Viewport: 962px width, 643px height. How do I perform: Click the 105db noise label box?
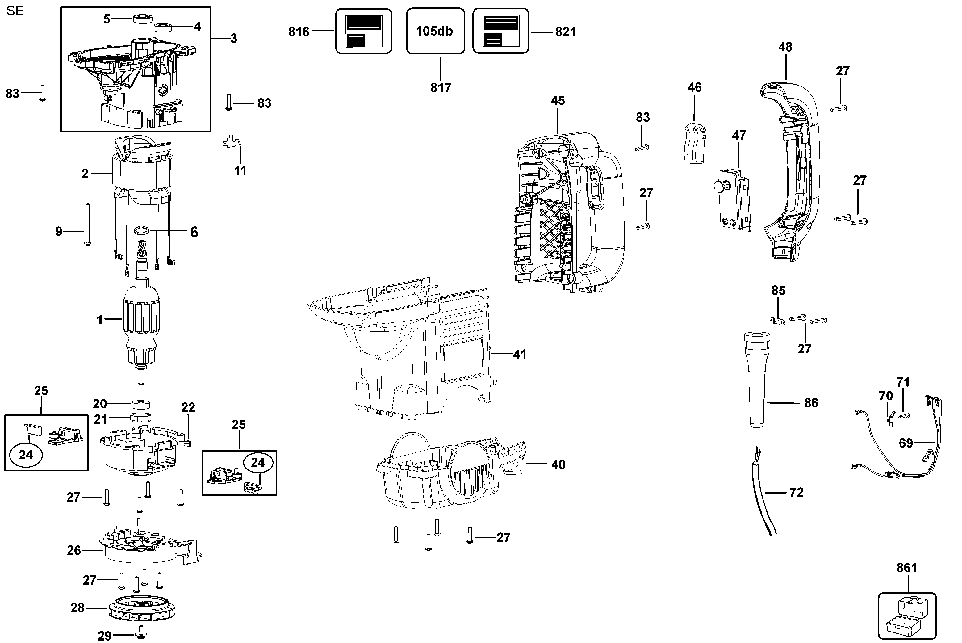coord(435,31)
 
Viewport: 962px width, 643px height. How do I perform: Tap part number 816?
coord(299,32)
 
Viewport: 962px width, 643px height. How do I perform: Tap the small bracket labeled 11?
coord(232,142)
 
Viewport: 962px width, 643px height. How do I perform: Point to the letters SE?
coord(15,11)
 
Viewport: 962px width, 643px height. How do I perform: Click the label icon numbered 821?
coord(500,31)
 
